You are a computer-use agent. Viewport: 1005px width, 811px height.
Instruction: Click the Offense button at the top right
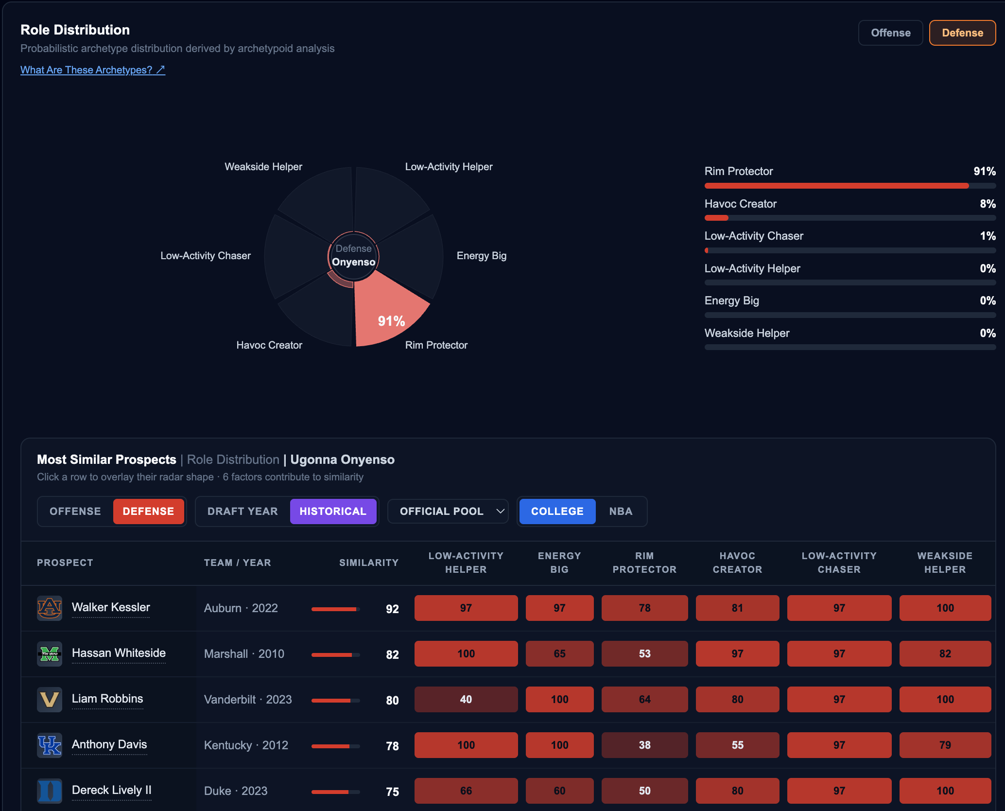point(890,33)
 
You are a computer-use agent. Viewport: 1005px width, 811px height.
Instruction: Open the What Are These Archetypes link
point(93,70)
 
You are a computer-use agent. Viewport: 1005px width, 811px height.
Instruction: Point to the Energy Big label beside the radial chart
point(481,256)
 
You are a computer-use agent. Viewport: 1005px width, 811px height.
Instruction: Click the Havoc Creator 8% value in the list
point(988,204)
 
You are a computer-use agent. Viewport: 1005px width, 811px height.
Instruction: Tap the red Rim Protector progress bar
point(836,186)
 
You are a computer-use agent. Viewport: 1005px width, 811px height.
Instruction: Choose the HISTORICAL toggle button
point(333,511)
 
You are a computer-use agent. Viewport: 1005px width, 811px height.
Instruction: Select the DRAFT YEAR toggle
point(243,511)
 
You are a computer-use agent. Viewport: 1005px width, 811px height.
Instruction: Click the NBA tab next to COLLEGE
point(621,511)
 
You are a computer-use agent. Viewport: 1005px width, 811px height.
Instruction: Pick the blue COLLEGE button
point(557,511)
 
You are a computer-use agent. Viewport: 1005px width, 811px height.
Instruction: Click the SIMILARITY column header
point(369,563)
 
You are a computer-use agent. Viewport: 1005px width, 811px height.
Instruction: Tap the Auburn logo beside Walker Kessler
point(50,608)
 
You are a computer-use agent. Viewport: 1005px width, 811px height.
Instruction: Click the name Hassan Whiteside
point(119,653)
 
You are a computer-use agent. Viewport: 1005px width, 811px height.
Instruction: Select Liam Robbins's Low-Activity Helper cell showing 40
point(466,699)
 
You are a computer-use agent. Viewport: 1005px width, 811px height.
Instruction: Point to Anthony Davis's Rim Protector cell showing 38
point(644,745)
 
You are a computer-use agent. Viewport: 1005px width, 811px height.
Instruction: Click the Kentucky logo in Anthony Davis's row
point(50,745)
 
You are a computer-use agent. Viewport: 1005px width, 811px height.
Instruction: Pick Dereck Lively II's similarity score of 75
point(392,792)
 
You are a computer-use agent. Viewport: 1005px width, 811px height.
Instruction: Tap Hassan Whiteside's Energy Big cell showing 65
point(559,653)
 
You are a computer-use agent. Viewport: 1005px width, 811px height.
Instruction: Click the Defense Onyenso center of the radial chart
point(353,256)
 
